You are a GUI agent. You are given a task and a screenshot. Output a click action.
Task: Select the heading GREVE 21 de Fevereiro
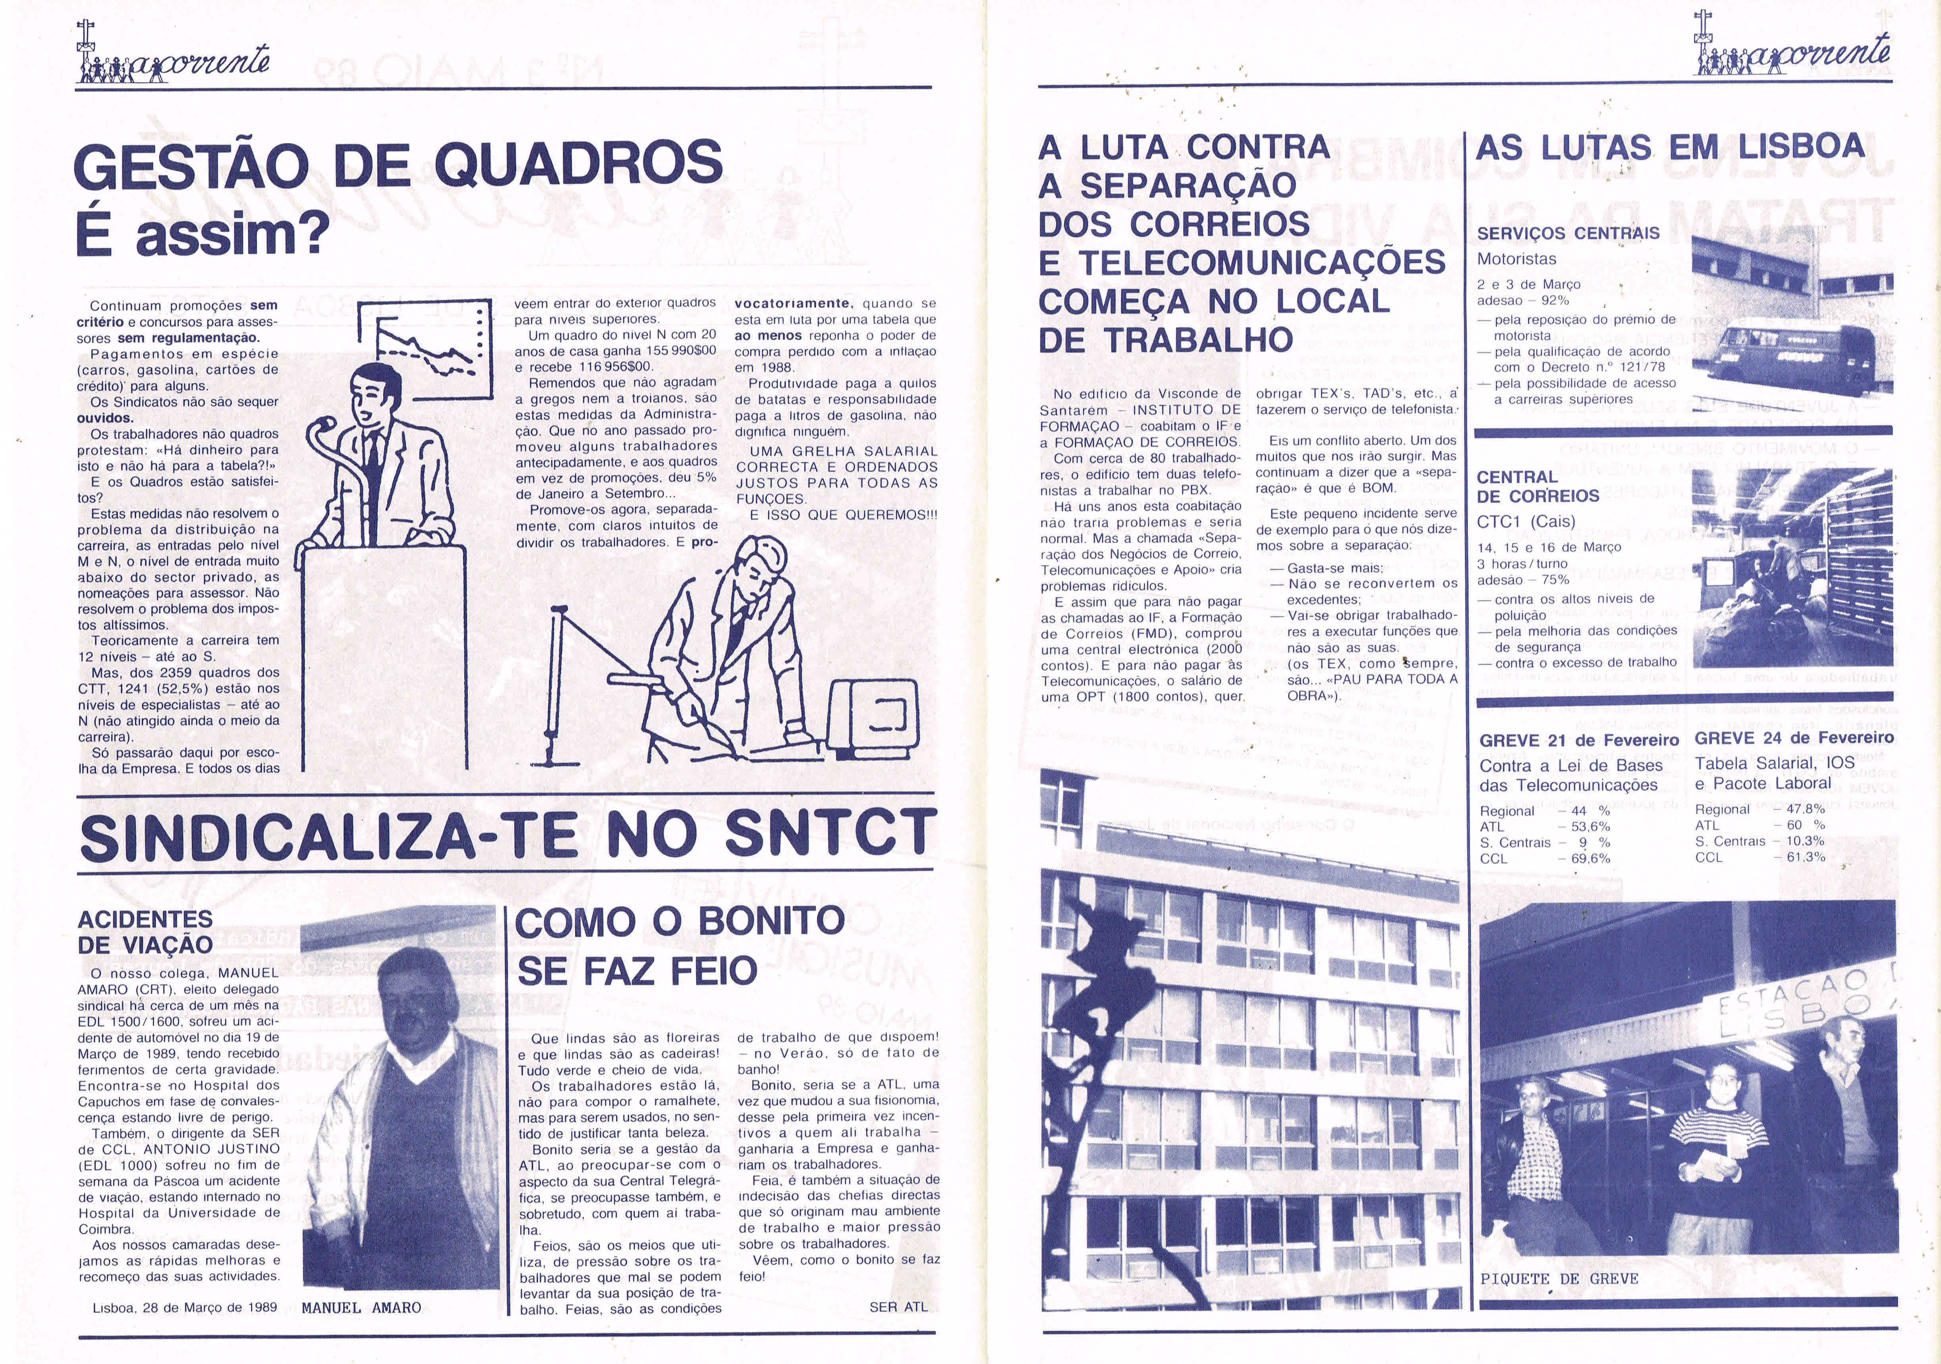tap(1578, 740)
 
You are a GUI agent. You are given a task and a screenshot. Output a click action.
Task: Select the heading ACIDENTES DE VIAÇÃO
tap(145, 931)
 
